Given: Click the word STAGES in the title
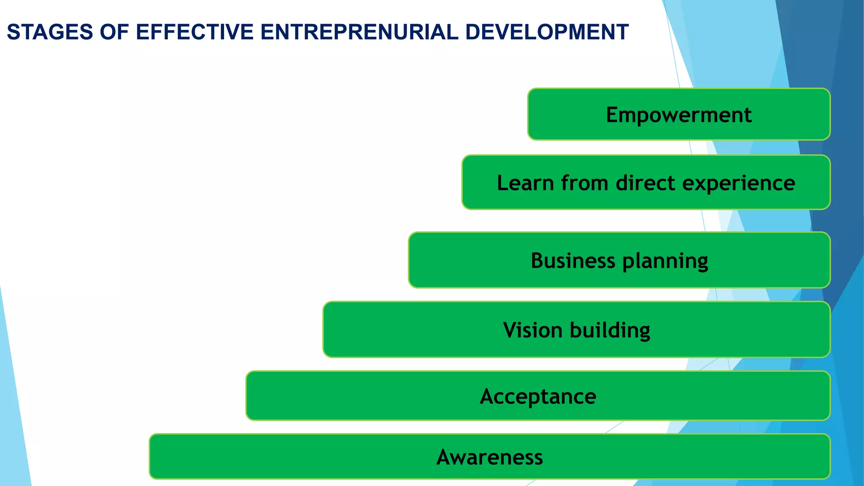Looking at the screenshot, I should [50, 32].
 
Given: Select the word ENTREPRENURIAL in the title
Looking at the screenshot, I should [359, 32].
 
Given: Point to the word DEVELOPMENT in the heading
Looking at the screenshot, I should [547, 32].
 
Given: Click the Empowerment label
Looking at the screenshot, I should [678, 115].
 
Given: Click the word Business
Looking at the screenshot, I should [572, 260].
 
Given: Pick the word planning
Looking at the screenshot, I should [665, 261].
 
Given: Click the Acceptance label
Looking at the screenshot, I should [538, 397].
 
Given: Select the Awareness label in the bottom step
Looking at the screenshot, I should [489, 457].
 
